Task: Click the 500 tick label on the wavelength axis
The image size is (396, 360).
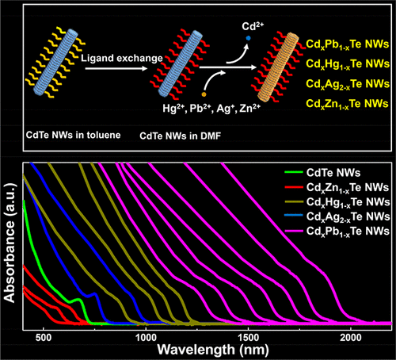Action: [x=44, y=338]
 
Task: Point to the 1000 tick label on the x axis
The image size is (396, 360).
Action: [x=146, y=338]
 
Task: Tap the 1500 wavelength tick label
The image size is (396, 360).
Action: [x=249, y=338]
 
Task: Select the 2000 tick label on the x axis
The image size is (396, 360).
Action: [x=351, y=338]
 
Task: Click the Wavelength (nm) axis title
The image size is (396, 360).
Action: [x=213, y=350]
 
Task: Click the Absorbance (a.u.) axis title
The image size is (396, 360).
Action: [x=10, y=243]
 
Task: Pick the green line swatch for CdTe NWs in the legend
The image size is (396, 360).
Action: [x=294, y=172]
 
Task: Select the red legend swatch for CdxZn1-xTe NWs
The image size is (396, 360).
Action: [x=294, y=187]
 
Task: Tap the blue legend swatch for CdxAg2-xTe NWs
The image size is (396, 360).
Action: [x=294, y=216]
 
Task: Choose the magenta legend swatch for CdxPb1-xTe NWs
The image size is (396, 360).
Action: [x=294, y=231]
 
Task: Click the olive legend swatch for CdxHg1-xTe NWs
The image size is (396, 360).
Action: [x=294, y=201]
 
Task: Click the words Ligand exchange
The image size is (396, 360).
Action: [x=122, y=59]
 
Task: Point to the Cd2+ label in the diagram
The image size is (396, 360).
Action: [x=253, y=26]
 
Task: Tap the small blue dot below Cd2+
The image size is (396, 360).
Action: [x=248, y=38]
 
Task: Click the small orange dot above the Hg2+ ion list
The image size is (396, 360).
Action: [x=204, y=94]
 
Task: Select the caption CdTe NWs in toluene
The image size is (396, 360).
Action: [x=73, y=135]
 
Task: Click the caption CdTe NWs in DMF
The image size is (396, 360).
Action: [x=180, y=136]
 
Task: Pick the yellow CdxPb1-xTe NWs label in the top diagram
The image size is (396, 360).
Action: [x=348, y=44]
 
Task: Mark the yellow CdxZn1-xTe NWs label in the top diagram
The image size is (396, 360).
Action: [x=347, y=104]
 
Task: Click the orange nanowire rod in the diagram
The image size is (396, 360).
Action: [x=278, y=67]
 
